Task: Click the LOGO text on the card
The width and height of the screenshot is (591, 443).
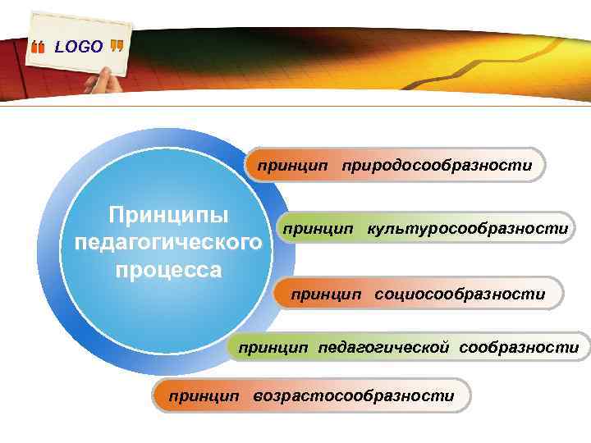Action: tap(79, 48)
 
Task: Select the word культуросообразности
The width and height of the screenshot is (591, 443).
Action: tap(468, 227)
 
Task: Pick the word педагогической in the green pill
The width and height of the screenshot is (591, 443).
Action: tap(385, 348)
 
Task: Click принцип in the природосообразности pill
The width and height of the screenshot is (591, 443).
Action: tap(292, 166)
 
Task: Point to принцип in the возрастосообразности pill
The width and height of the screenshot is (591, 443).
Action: tap(204, 395)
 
